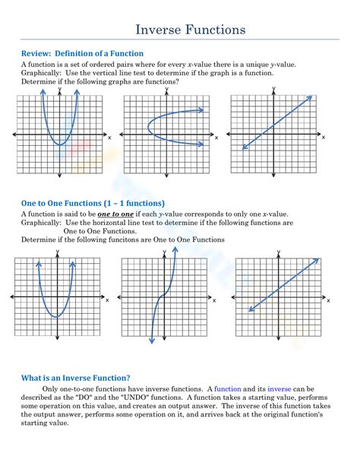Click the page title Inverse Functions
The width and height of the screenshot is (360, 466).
pos(191,30)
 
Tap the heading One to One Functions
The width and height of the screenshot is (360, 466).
pos(93,203)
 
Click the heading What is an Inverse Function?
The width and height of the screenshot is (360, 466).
pos(75,377)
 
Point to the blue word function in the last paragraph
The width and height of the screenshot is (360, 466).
pos(228,389)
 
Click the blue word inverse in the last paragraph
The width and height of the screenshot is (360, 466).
pos(279,389)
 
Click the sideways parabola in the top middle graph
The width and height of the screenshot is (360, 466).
pos(152,126)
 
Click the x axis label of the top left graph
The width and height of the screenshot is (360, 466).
pos(109,138)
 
